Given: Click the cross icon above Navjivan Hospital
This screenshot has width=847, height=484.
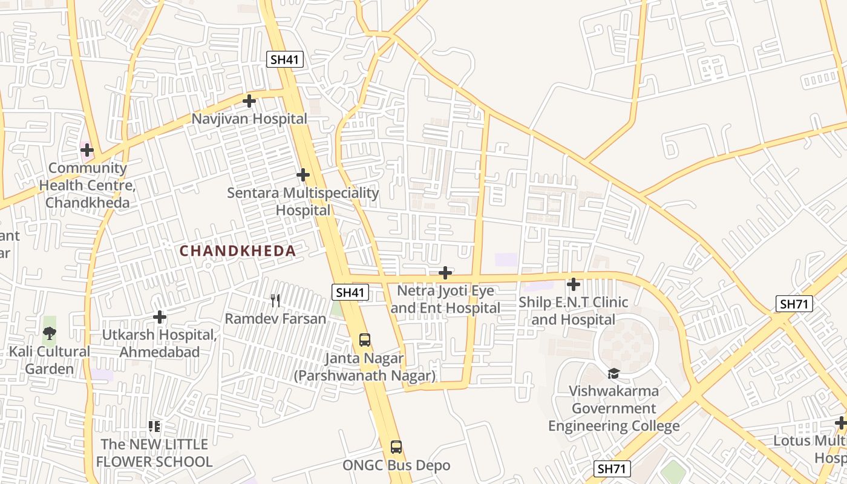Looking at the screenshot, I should pyautogui.click(x=249, y=101).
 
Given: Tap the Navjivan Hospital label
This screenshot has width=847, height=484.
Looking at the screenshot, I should pyautogui.click(x=249, y=119).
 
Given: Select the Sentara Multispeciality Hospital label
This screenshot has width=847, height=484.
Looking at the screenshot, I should pyautogui.click(x=303, y=201).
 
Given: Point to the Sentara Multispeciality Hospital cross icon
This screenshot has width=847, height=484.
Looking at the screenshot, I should pyautogui.click(x=303, y=175).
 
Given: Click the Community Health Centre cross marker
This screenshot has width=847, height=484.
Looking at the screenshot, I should pyautogui.click(x=87, y=149).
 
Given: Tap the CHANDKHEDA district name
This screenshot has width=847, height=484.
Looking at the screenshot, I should pyautogui.click(x=238, y=251).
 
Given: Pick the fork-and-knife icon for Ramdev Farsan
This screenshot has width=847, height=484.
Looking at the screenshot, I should pyautogui.click(x=275, y=301).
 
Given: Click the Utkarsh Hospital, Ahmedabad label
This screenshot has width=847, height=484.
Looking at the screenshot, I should pyautogui.click(x=159, y=343).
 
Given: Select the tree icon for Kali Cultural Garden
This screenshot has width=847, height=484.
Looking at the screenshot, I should pyautogui.click(x=50, y=332).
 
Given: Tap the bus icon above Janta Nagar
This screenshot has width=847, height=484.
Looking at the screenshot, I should pyautogui.click(x=364, y=340).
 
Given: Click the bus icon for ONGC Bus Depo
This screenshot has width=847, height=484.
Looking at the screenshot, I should pyautogui.click(x=396, y=447).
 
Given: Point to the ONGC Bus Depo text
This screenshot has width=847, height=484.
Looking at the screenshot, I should pyautogui.click(x=396, y=465).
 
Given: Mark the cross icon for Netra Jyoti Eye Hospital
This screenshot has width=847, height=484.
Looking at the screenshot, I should pyautogui.click(x=445, y=273).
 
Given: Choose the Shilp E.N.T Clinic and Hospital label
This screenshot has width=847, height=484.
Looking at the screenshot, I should pyautogui.click(x=573, y=310).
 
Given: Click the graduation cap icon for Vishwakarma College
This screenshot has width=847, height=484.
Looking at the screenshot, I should pyautogui.click(x=614, y=373).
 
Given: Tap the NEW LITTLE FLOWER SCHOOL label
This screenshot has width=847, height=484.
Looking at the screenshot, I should pyautogui.click(x=154, y=453).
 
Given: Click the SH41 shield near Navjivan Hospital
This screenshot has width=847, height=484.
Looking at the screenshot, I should pyautogui.click(x=285, y=59).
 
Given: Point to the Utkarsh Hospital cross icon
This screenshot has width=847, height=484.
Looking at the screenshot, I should pyautogui.click(x=160, y=317).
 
